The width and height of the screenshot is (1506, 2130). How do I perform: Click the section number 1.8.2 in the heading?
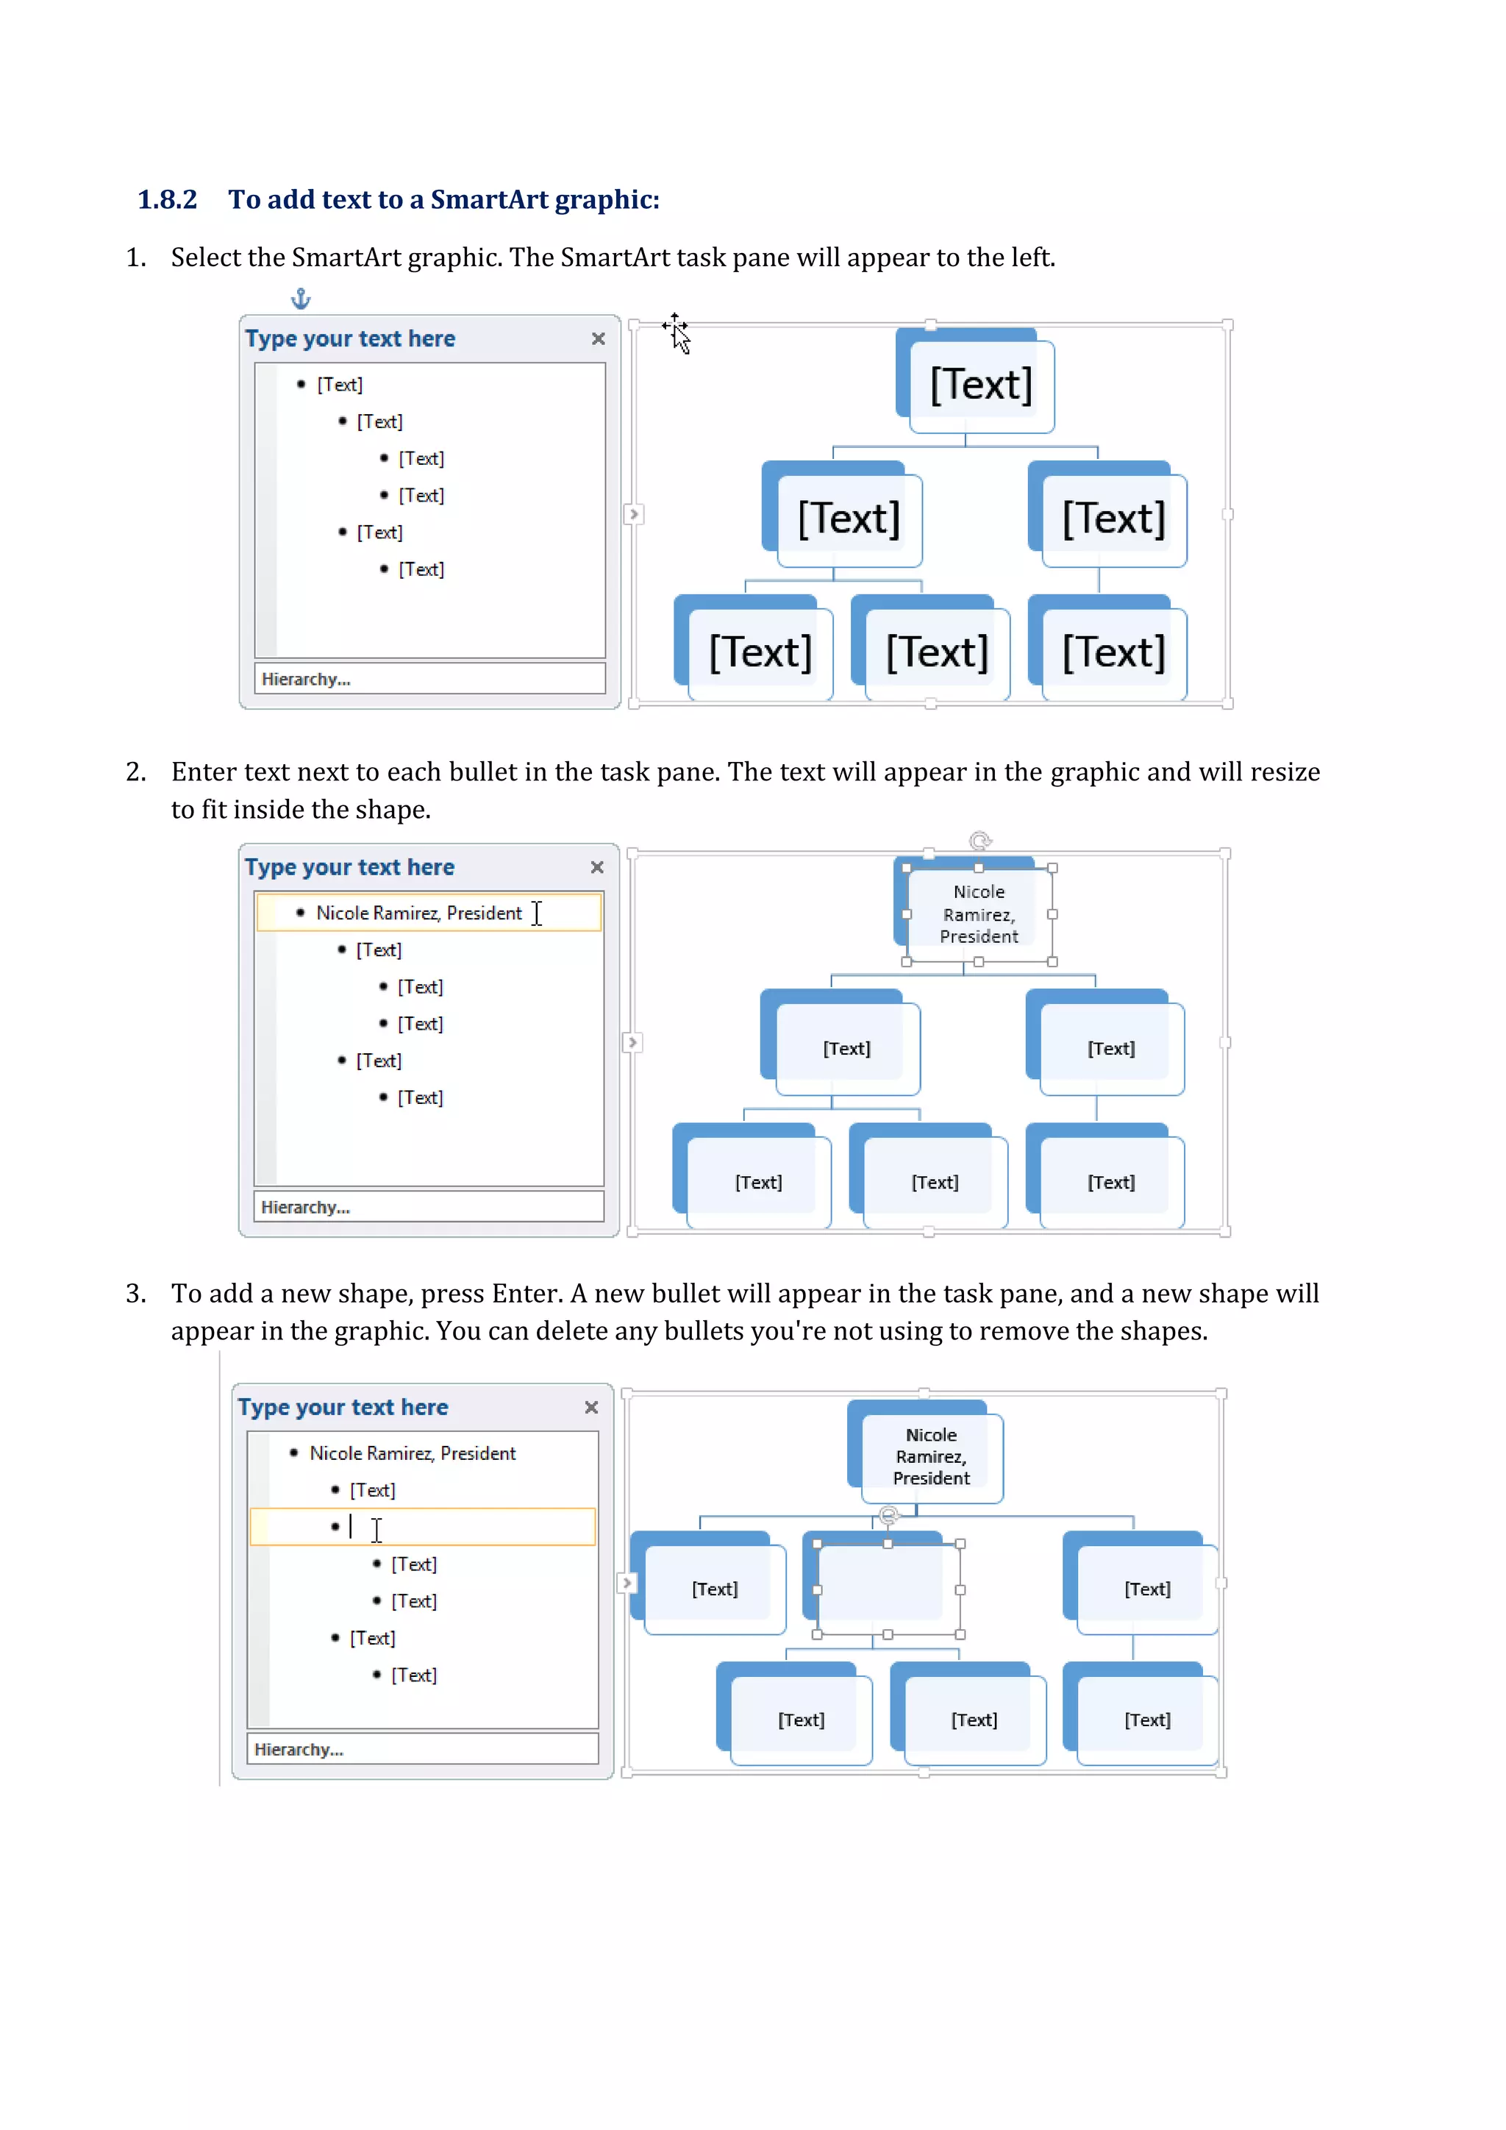[x=167, y=199]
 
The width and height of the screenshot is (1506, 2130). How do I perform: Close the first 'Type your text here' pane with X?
[x=598, y=338]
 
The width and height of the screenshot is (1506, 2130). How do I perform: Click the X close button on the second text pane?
[x=597, y=866]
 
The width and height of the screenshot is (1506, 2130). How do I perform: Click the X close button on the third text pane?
[x=590, y=1407]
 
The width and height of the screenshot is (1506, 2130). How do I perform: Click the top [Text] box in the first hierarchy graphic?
[x=981, y=385]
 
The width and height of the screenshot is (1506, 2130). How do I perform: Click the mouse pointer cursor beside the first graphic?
[x=679, y=335]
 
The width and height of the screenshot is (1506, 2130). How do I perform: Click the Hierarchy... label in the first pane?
[x=306, y=679]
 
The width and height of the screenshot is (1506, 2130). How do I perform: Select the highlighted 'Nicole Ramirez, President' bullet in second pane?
[x=419, y=913]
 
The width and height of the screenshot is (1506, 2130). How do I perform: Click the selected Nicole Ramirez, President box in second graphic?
[x=979, y=913]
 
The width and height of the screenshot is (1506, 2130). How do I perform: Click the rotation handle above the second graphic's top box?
[x=980, y=841]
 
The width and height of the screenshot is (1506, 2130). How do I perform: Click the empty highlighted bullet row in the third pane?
[x=422, y=1527]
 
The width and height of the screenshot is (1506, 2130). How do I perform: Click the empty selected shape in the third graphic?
[x=888, y=1589]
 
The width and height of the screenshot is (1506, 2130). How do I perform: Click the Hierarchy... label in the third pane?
[x=299, y=1749]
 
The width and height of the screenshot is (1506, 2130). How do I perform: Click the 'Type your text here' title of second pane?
[x=349, y=866]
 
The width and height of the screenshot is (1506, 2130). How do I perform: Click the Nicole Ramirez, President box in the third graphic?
[x=931, y=1456]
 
